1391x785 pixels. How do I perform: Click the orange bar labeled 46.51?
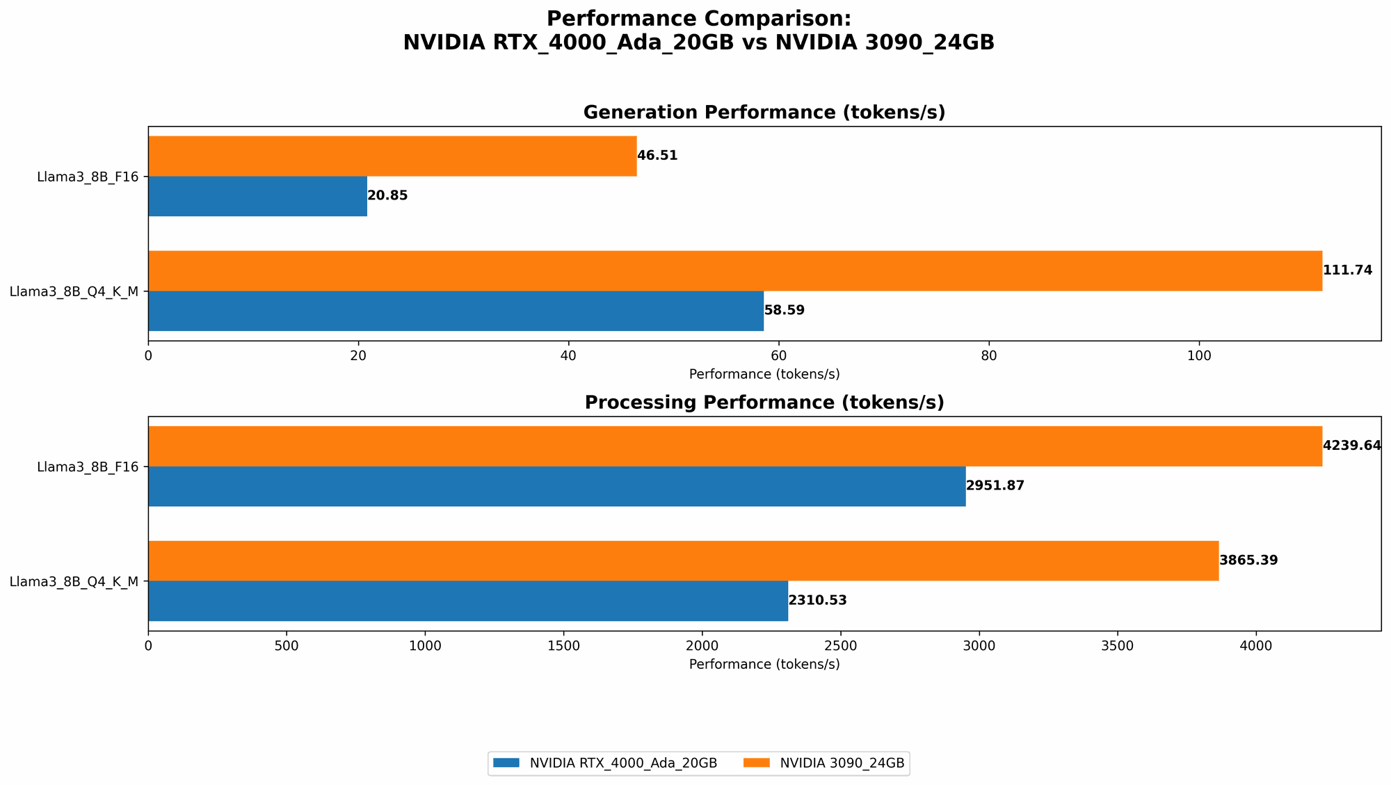coord(392,156)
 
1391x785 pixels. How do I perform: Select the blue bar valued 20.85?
coord(257,196)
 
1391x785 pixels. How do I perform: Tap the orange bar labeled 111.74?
coord(734,270)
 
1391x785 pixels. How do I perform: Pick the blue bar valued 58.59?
coord(456,311)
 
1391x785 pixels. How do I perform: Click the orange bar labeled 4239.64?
coord(734,446)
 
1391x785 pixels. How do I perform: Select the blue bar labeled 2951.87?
coord(556,486)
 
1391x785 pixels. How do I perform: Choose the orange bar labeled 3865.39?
coord(683,560)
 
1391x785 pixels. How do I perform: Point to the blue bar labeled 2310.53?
coord(467,601)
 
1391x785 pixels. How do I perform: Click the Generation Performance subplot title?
coord(764,113)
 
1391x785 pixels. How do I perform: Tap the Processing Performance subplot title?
coord(764,403)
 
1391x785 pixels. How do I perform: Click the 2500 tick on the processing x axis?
coord(841,646)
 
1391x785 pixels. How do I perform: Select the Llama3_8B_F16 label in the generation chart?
coord(88,177)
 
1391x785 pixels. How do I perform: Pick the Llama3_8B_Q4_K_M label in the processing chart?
coord(74,581)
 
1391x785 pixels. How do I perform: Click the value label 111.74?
coord(1347,270)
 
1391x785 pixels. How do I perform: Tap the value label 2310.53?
coord(817,601)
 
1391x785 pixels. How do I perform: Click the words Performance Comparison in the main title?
coord(698,19)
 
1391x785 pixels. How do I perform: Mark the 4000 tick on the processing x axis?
coord(1256,646)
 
